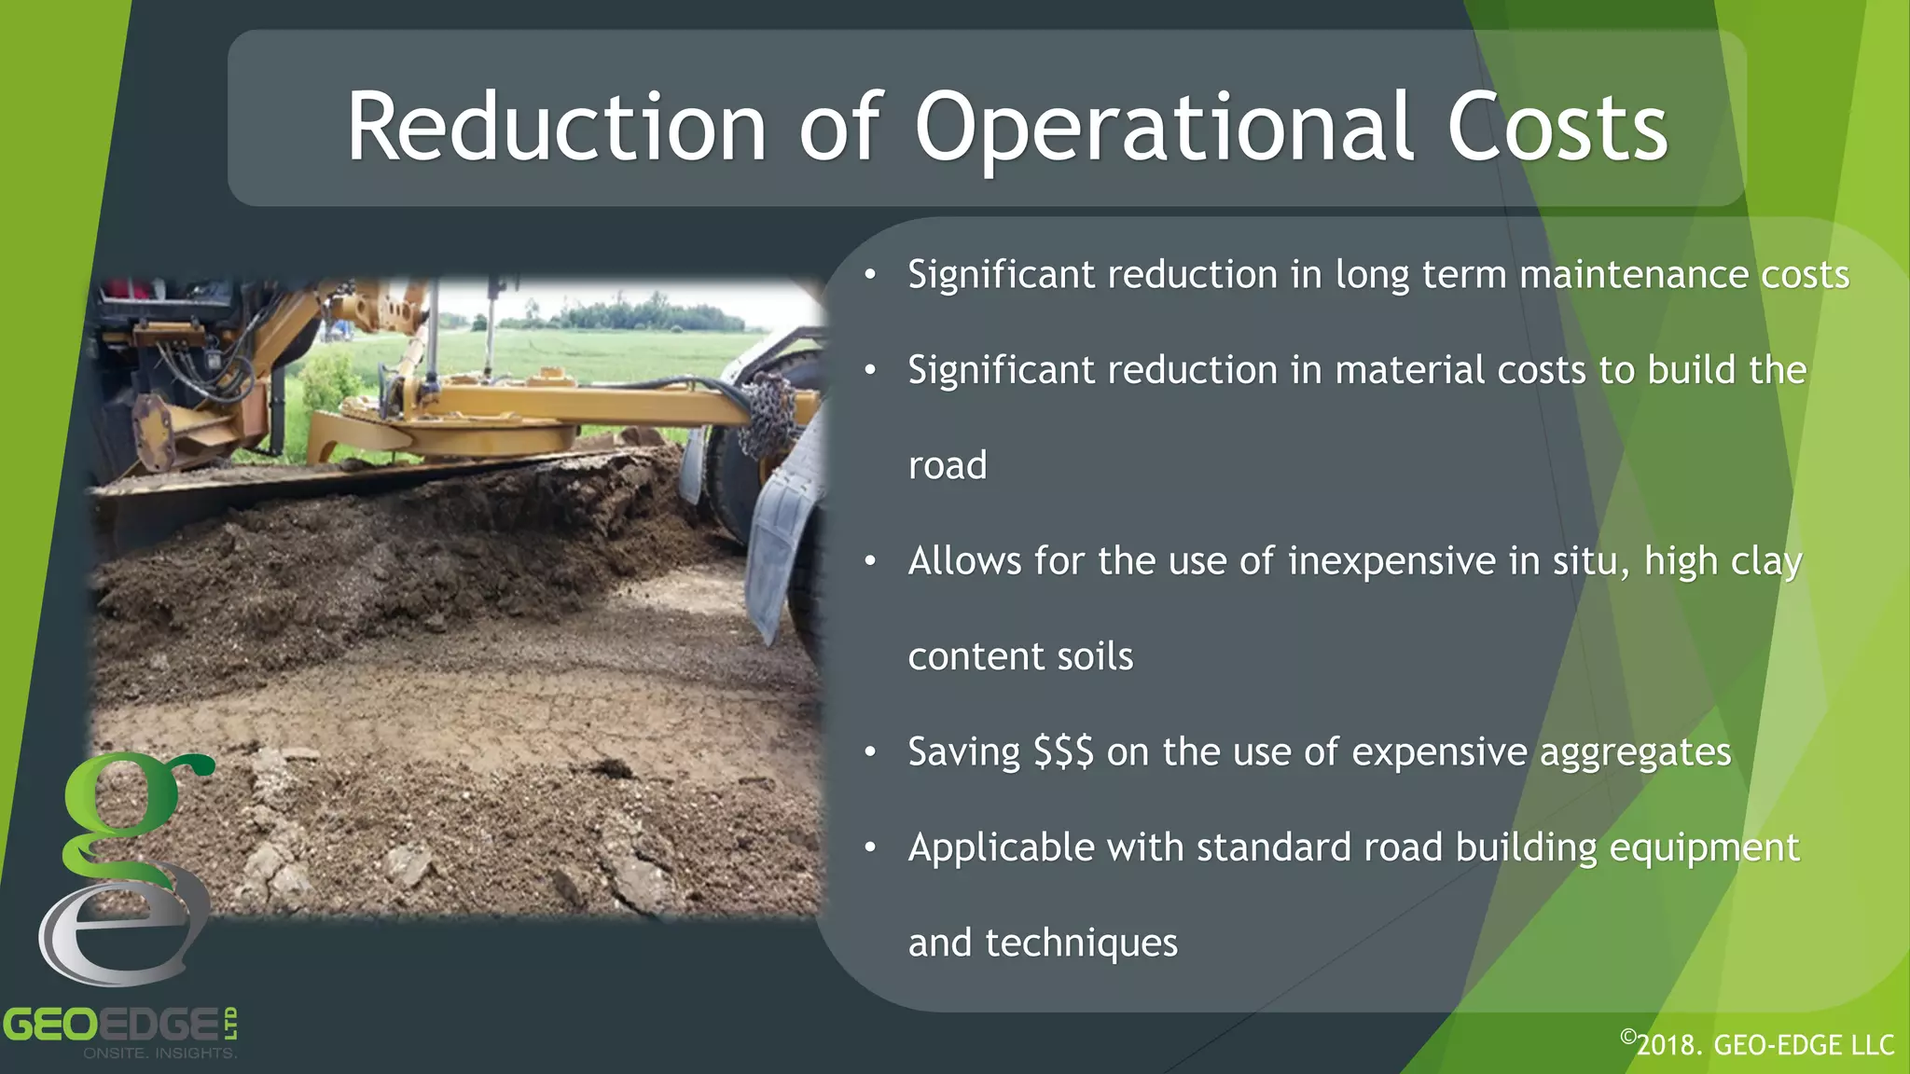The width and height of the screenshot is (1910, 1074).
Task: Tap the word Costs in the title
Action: coord(1557,128)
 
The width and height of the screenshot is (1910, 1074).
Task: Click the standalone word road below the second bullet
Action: coord(947,465)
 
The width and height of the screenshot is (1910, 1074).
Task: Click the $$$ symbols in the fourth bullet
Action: coord(1063,751)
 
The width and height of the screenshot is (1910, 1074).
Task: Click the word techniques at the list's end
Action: coord(1081,943)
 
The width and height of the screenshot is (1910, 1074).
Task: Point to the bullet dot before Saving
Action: coord(870,751)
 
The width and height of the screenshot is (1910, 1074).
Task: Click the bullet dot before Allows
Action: coord(870,561)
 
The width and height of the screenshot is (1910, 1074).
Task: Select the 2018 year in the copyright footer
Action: coord(1668,1045)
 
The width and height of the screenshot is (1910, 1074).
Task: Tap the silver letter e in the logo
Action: coord(121,932)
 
